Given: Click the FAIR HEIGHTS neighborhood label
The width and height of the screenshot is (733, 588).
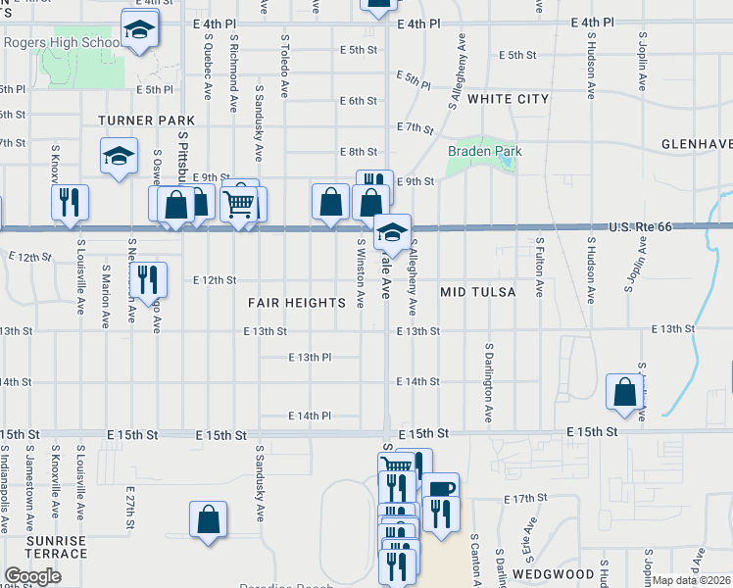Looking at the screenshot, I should tap(296, 304).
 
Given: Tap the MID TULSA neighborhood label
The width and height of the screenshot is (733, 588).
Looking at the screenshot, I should tap(477, 292).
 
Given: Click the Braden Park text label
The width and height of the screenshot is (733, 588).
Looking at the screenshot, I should tap(484, 152).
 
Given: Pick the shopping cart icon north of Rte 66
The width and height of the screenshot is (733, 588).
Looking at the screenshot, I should tap(239, 204).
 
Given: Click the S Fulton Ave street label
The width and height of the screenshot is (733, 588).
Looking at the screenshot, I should tap(539, 266).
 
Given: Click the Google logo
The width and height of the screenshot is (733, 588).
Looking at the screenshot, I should tap(32, 577).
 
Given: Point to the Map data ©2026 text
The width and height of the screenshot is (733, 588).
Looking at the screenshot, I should tap(691, 580).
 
